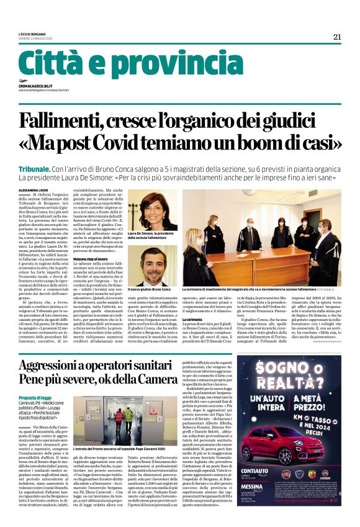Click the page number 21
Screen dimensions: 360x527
tap(337, 37)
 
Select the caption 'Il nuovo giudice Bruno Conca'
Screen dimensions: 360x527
tap(149, 289)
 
